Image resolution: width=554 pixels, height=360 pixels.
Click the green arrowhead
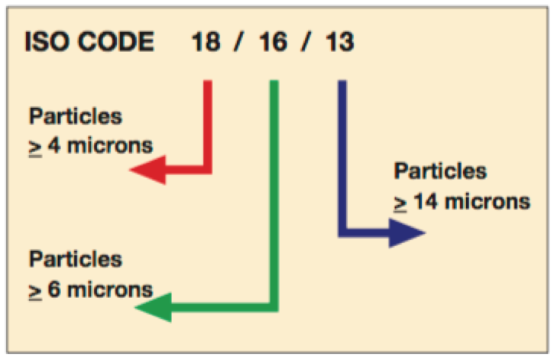tap(150, 308)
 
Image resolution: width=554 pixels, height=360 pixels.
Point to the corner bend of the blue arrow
tap(342, 232)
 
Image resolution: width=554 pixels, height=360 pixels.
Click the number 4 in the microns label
tap(53, 145)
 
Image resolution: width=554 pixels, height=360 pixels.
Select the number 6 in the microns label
tap(53, 290)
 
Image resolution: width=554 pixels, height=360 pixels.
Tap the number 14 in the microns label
tap(425, 202)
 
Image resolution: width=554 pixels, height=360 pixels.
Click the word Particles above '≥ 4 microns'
tap(76, 117)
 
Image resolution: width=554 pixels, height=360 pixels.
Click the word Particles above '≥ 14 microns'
tap(440, 171)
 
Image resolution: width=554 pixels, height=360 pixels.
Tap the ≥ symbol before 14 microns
tap(400, 203)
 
